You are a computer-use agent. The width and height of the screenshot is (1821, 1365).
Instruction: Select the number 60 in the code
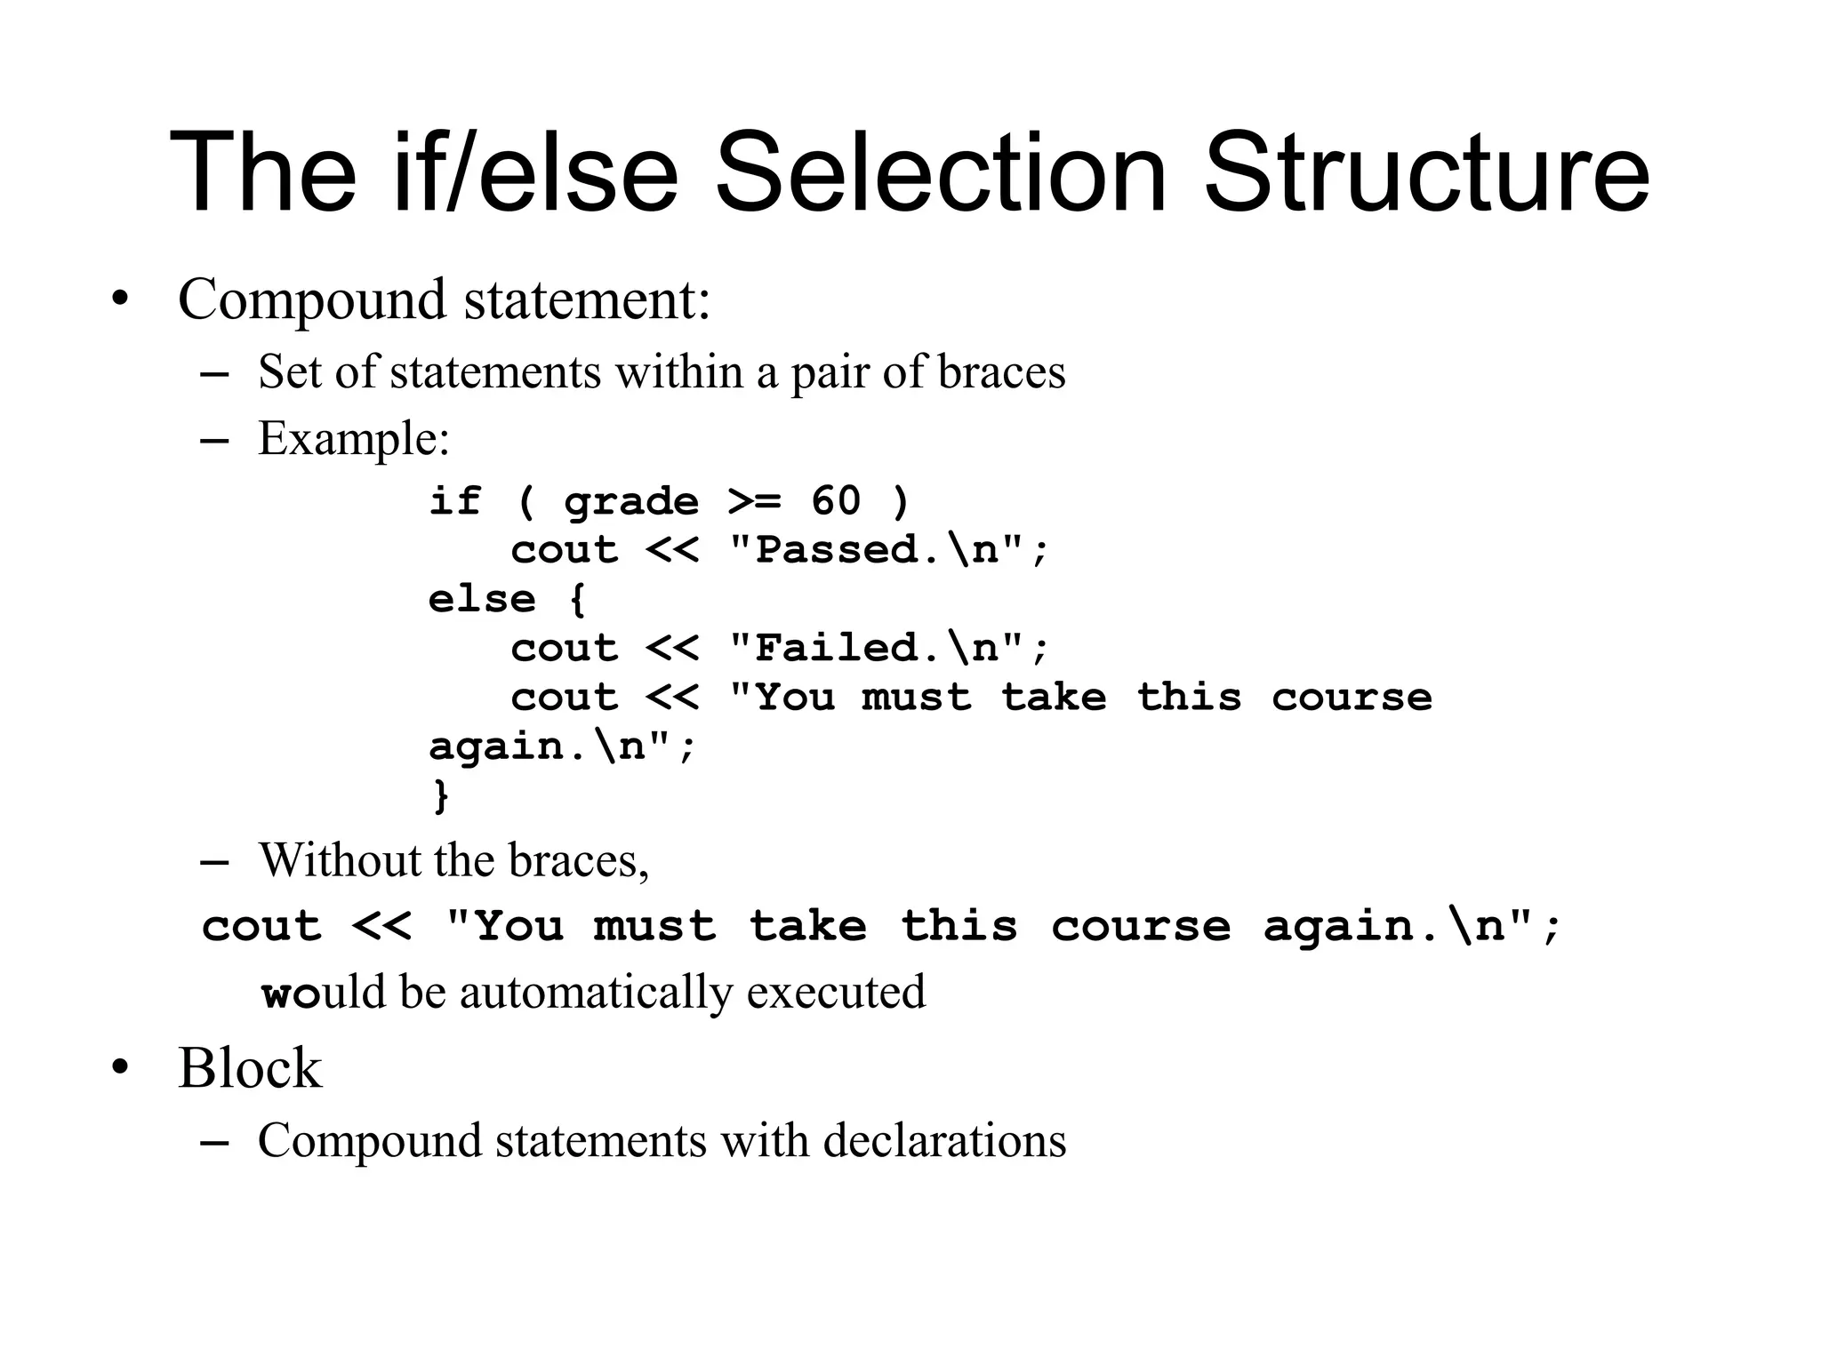click(x=836, y=501)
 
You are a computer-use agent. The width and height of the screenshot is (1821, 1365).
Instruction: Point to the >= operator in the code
click(x=754, y=501)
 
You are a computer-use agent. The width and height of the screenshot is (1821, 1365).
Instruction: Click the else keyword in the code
click(x=482, y=599)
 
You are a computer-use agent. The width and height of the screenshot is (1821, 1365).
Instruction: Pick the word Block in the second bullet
click(x=250, y=1067)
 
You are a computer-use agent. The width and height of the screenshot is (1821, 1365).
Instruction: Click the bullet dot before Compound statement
click(x=120, y=299)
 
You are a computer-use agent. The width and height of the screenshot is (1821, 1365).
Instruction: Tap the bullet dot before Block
click(x=120, y=1067)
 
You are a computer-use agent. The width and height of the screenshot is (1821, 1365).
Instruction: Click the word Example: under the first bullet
click(x=354, y=438)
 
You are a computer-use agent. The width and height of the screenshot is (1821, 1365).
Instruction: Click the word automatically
click(x=596, y=992)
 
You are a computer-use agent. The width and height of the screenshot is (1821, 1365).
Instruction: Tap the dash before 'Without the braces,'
click(x=214, y=862)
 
